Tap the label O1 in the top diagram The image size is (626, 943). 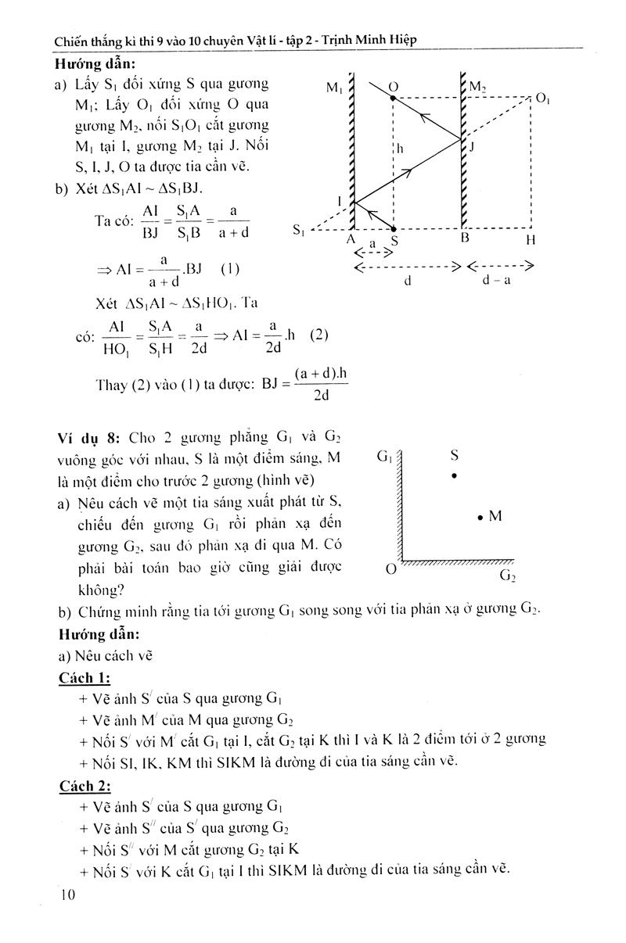click(542, 98)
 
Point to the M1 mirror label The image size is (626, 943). click(334, 88)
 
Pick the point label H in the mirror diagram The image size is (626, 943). click(531, 240)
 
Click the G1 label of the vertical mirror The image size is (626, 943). click(385, 456)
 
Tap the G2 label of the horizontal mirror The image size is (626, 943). click(508, 577)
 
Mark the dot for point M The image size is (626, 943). click(480, 516)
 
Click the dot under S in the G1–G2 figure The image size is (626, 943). click(454, 476)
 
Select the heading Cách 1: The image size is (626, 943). click(85, 676)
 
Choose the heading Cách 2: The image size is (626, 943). click(85, 786)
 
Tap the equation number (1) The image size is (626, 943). click(228, 270)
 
